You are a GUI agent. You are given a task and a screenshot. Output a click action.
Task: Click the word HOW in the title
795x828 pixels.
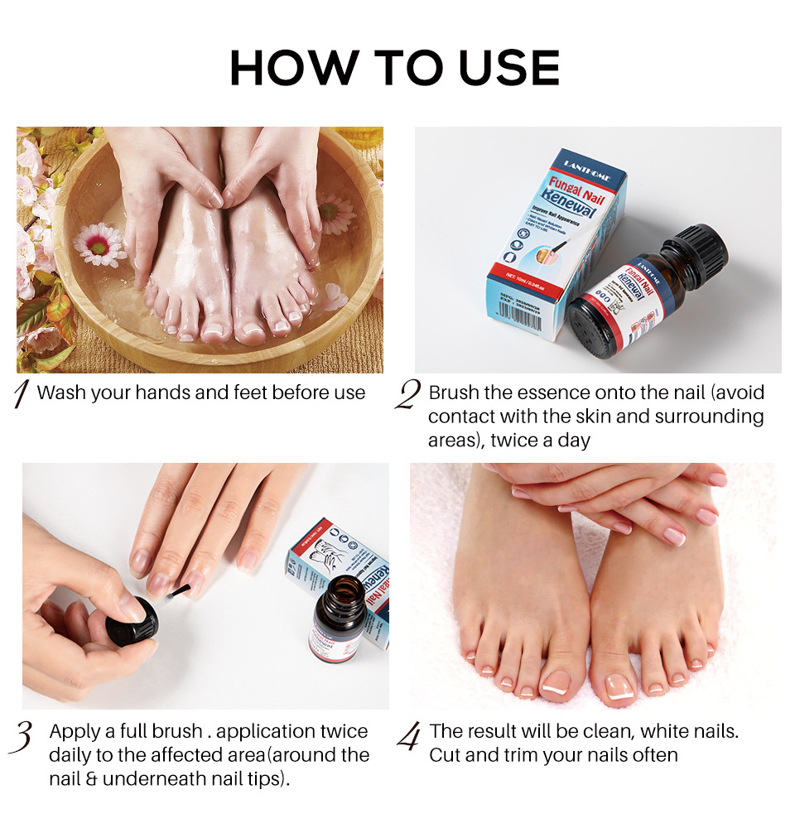(283, 68)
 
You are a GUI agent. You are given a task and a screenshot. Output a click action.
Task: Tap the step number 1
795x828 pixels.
(22, 394)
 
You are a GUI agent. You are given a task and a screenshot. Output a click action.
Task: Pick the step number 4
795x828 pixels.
(407, 736)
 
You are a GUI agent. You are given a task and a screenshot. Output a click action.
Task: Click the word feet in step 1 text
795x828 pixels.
(245, 392)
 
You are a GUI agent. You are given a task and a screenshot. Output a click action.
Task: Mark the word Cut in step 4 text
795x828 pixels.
(444, 755)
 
